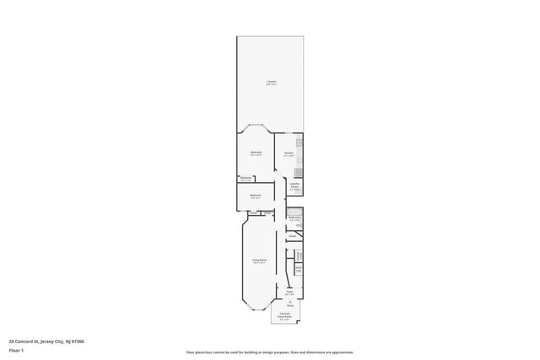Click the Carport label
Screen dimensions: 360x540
pyautogui.click(x=271, y=81)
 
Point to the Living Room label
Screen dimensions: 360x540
pyautogui.click(x=260, y=261)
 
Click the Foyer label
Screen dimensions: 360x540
pyautogui.click(x=289, y=292)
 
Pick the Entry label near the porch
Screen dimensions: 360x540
pyautogui.click(x=289, y=305)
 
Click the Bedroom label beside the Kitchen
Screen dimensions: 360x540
pyautogui.click(x=256, y=153)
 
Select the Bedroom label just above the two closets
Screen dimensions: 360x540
pyautogui.click(x=256, y=196)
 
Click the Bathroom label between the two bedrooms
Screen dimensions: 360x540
pyautogui.click(x=246, y=178)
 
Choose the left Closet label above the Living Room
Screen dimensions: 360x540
pyautogui.click(x=253, y=213)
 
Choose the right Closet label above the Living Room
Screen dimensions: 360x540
pyautogui.click(x=267, y=213)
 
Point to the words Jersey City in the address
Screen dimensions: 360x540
pyautogui.click(x=57, y=341)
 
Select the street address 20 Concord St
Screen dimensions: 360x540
pyautogui.click(x=25, y=341)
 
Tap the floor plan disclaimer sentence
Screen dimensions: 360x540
pyautogui.click(x=270, y=352)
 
